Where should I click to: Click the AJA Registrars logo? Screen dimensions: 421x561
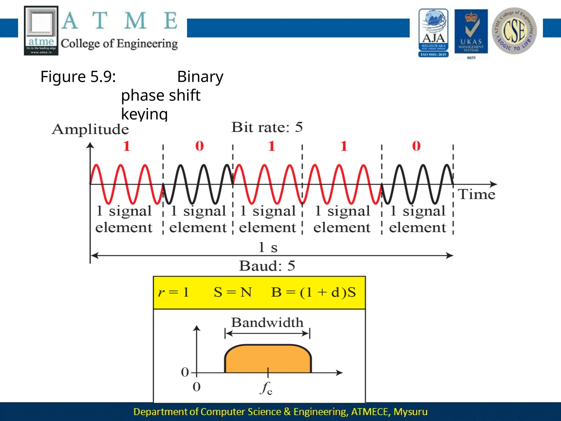pyautogui.click(x=433, y=33)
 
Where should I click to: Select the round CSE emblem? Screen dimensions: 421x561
pyautogui.click(x=514, y=31)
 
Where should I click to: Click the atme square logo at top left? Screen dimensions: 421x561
pyautogui.click(x=41, y=31)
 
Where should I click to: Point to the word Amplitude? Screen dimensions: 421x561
pyautogui.click(x=90, y=129)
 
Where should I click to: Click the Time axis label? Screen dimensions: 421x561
pyautogui.click(x=477, y=194)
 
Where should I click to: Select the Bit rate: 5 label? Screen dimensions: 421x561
pyautogui.click(x=267, y=127)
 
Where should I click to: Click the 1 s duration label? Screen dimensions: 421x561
pyautogui.click(x=268, y=247)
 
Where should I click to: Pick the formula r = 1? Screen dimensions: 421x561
pyautogui.click(x=173, y=292)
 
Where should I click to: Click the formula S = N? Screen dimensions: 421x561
pyautogui.click(x=233, y=292)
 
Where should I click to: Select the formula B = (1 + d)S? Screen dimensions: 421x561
pyautogui.click(x=313, y=292)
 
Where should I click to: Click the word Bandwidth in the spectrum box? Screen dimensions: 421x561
pyautogui.click(x=267, y=323)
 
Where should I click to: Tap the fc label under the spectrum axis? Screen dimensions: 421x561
pyautogui.click(x=266, y=388)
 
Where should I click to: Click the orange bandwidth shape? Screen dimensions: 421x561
pyautogui.click(x=268, y=359)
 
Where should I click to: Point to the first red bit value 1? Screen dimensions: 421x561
pyautogui.click(x=126, y=146)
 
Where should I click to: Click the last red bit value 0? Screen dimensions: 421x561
pyautogui.click(x=416, y=146)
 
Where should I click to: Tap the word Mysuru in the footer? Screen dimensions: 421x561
pyautogui.click(x=410, y=412)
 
